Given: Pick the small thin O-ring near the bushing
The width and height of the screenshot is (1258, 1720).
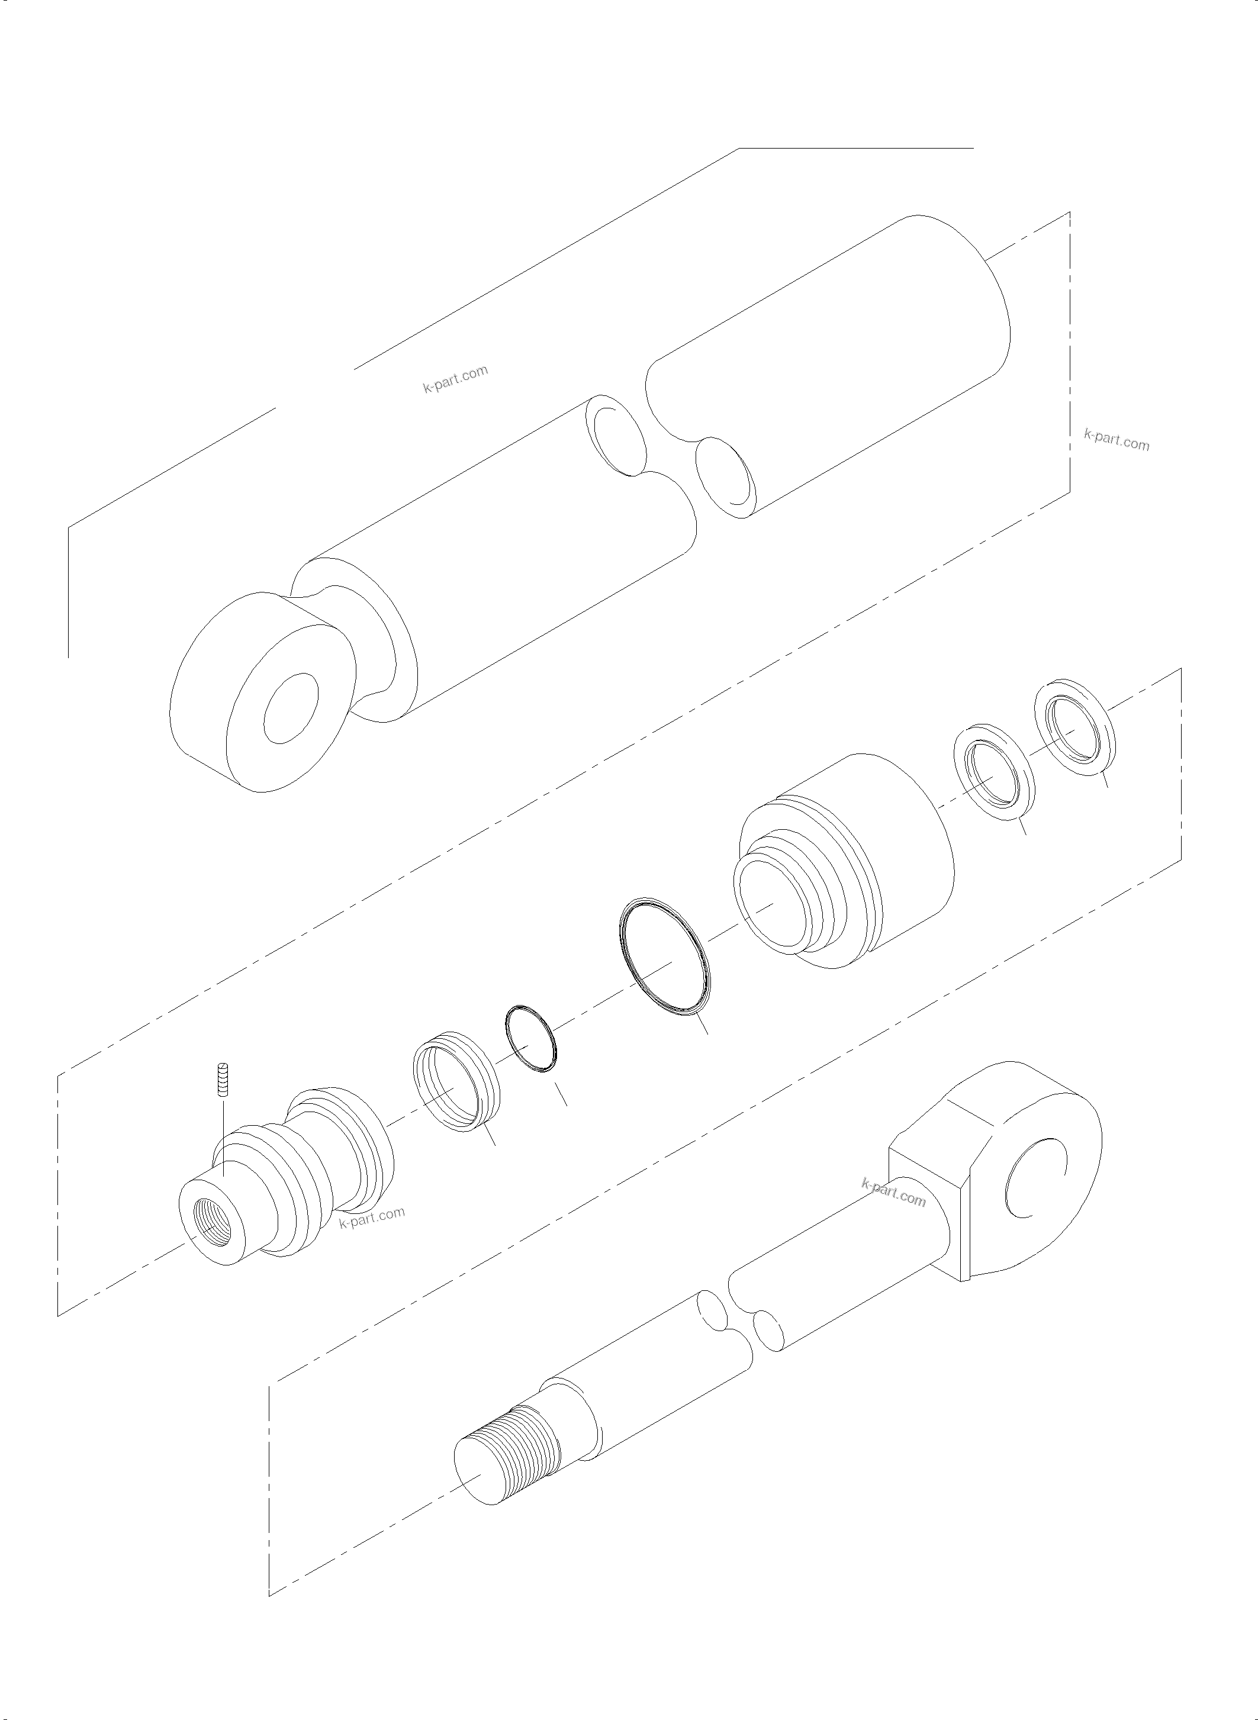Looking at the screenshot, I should pyautogui.click(x=532, y=1040).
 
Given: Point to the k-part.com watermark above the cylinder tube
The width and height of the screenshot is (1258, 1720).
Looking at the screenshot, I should pyautogui.click(x=455, y=378).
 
